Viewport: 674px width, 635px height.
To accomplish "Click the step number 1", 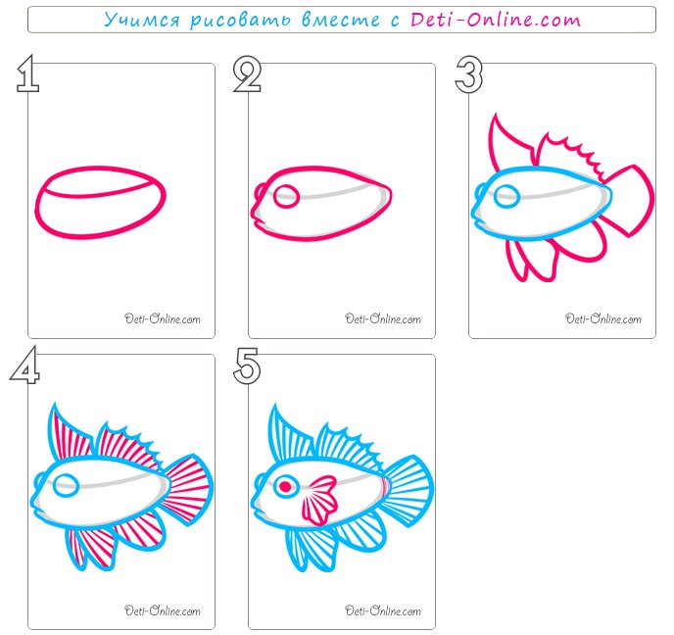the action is [27, 73].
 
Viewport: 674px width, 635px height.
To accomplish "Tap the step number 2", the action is [247, 74].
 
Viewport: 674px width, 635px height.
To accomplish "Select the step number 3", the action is [469, 74].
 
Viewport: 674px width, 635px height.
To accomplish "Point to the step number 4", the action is [24, 365].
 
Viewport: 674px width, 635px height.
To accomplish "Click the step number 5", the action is [247, 366].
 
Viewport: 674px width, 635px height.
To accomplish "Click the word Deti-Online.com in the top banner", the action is [496, 20].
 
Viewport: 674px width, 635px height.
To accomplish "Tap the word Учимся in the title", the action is [142, 21].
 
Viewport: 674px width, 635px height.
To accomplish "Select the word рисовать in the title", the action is [241, 21].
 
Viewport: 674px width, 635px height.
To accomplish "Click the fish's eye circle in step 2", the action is [286, 196].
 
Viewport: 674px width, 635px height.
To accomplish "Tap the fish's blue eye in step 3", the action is [507, 196].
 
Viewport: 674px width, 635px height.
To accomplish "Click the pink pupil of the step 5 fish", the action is [285, 487].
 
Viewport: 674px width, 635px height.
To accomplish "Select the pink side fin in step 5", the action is [320, 501].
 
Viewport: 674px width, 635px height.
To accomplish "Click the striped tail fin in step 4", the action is [188, 490].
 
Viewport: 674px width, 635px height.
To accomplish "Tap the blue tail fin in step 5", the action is [409, 490].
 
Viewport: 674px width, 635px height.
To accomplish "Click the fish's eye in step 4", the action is [67, 486].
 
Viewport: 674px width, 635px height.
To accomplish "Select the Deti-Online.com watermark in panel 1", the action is [163, 318].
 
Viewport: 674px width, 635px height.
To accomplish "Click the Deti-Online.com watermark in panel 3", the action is [603, 318].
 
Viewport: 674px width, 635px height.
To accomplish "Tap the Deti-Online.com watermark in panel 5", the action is [383, 611].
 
